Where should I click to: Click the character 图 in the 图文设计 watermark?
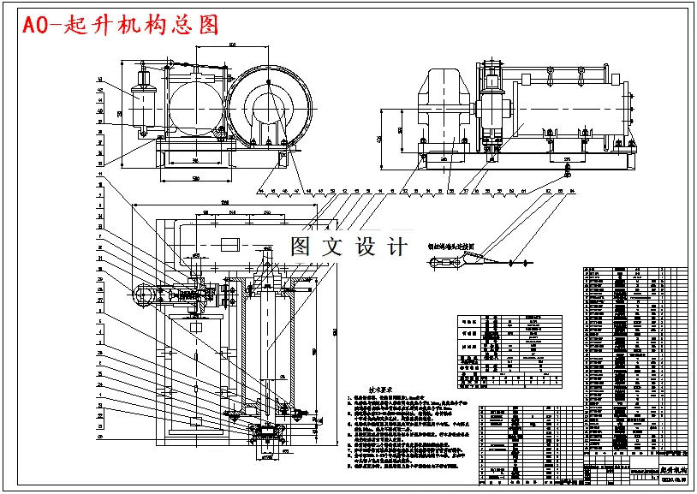301,247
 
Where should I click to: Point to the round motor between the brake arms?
195,108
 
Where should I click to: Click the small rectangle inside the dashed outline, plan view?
229,245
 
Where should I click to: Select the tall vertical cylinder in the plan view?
268,342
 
